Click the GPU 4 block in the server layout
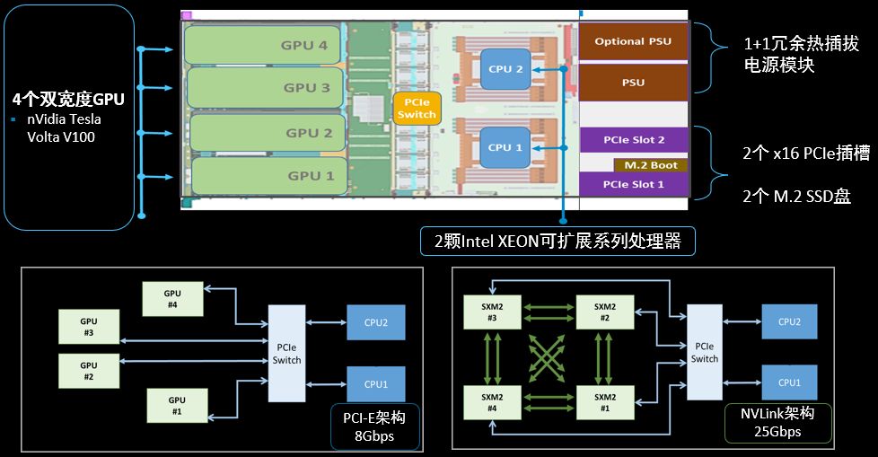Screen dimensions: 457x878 [264, 45]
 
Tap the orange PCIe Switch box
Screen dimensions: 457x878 [416, 110]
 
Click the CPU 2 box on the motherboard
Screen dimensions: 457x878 [505, 69]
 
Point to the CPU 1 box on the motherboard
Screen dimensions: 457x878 [505, 147]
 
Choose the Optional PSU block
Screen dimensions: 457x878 [633, 41]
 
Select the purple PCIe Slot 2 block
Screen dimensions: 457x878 [634, 140]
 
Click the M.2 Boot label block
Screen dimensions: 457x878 [651, 165]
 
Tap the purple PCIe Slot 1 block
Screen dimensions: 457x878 [634, 184]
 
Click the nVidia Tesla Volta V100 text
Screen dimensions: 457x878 [63, 127]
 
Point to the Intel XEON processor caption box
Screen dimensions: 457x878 [558, 241]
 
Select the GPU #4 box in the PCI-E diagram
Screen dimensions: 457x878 [172, 298]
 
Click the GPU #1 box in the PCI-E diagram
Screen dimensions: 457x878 [177, 406]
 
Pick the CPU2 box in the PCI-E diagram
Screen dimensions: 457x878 [375, 322]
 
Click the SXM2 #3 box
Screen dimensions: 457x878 [491, 311]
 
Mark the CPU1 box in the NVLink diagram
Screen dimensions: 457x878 [789, 382]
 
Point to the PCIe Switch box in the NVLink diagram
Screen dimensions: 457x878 [704, 353]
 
